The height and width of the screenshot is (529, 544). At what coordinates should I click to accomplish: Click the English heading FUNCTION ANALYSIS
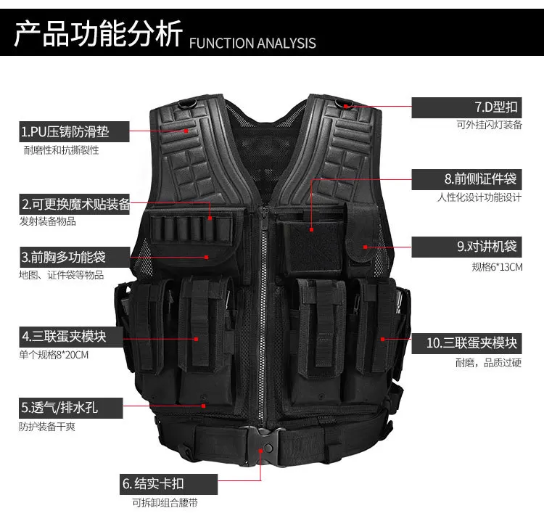coord(252,43)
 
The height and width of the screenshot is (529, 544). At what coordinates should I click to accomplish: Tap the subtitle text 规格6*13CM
coord(497,267)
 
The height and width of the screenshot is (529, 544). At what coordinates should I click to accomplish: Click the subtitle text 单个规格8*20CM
coord(54,355)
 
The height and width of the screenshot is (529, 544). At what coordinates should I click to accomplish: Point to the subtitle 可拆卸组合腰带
coord(165,503)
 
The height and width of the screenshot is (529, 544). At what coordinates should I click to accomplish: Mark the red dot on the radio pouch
coord(365,247)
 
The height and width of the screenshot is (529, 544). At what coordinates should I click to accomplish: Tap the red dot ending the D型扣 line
coord(346,107)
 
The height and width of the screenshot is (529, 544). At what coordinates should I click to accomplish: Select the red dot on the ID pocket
coord(312,229)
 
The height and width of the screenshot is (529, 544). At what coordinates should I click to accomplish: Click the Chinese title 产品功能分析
coord(98,33)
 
